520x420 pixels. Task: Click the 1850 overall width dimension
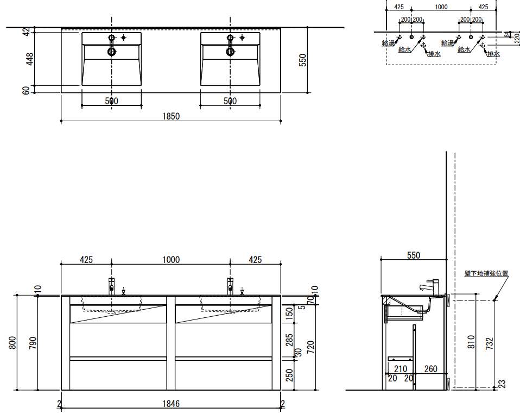click(171, 116)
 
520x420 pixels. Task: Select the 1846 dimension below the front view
click(171, 404)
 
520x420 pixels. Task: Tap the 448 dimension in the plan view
click(29, 59)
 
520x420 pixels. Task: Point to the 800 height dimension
click(12, 343)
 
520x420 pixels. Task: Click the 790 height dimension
click(33, 343)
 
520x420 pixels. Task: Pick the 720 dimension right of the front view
click(310, 347)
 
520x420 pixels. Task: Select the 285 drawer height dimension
click(289, 340)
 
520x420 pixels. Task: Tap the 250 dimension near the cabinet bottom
click(289, 375)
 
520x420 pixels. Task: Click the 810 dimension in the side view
click(471, 342)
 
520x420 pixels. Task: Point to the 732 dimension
click(490, 343)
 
